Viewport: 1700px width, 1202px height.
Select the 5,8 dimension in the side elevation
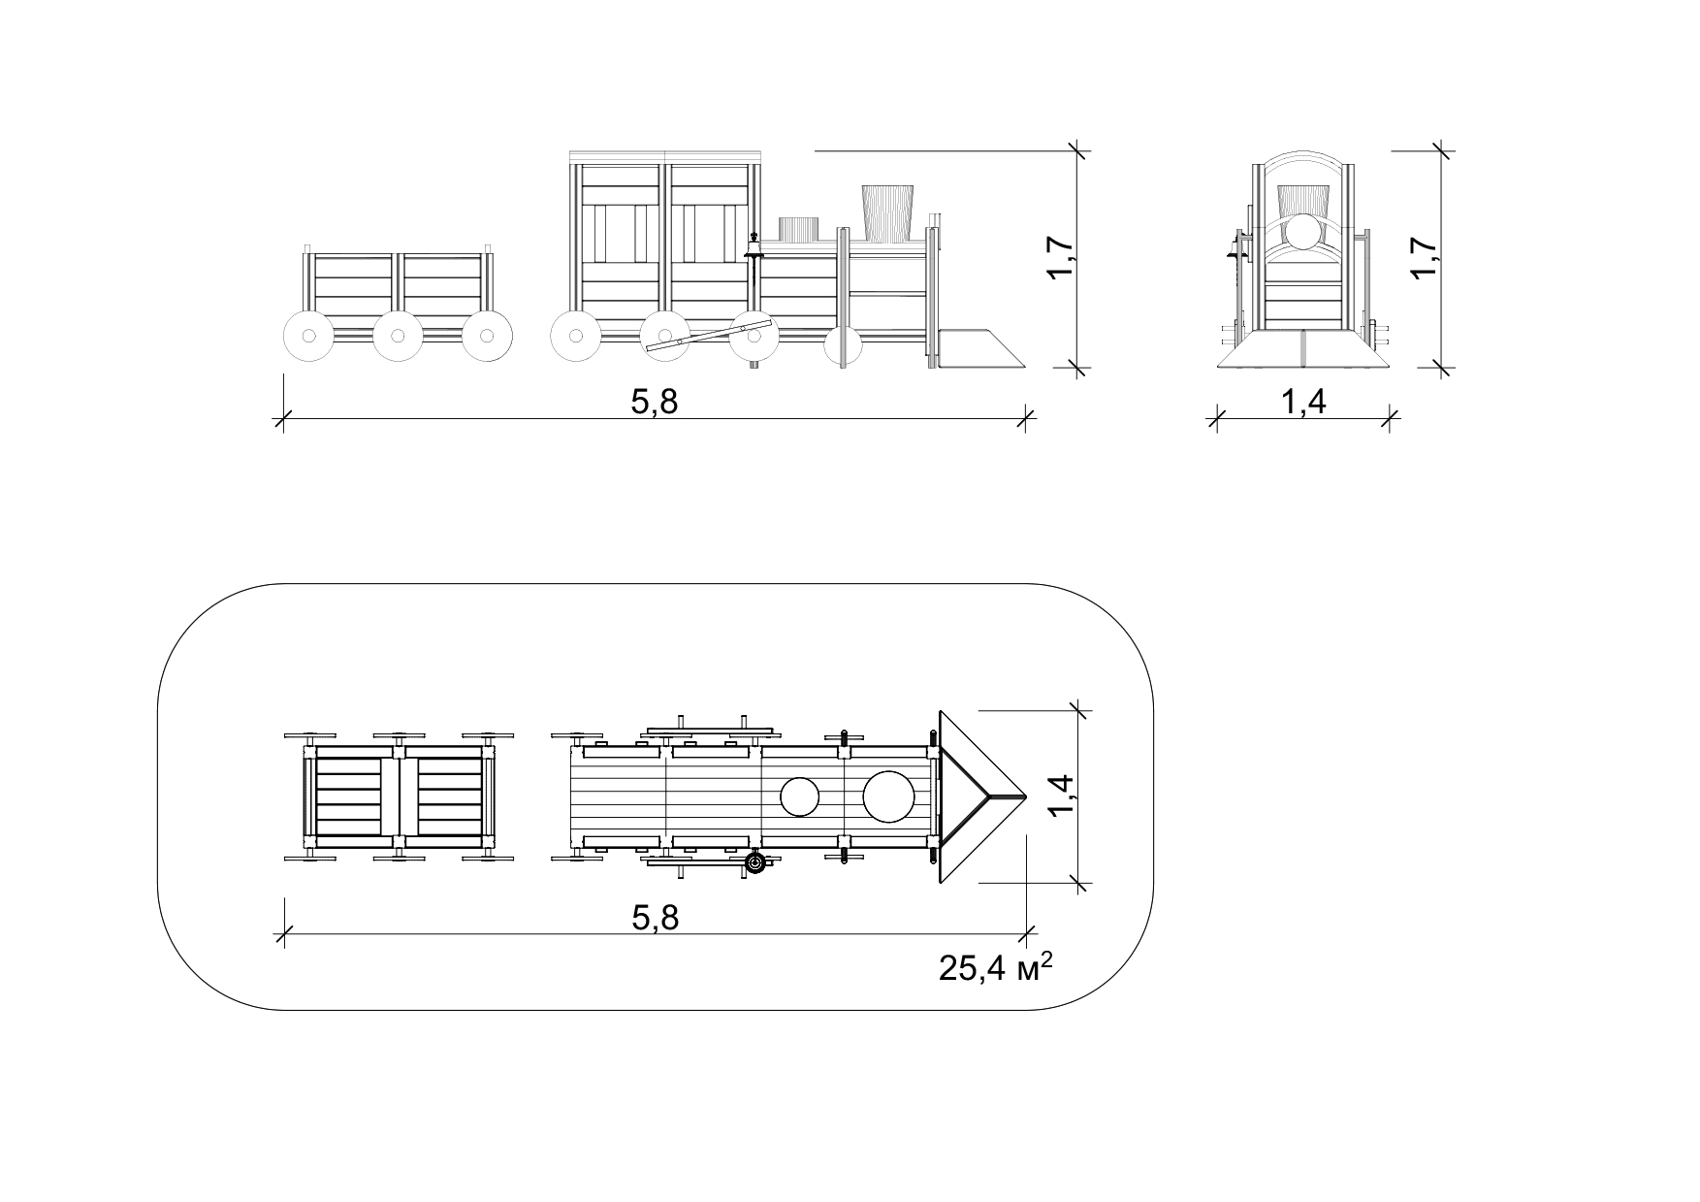click(655, 402)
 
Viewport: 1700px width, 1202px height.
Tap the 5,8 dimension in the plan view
click(655, 917)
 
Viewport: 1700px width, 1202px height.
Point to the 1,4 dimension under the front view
click(1303, 402)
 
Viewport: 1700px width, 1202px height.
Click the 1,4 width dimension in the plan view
click(1064, 796)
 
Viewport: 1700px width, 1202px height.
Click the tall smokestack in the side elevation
click(887, 212)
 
